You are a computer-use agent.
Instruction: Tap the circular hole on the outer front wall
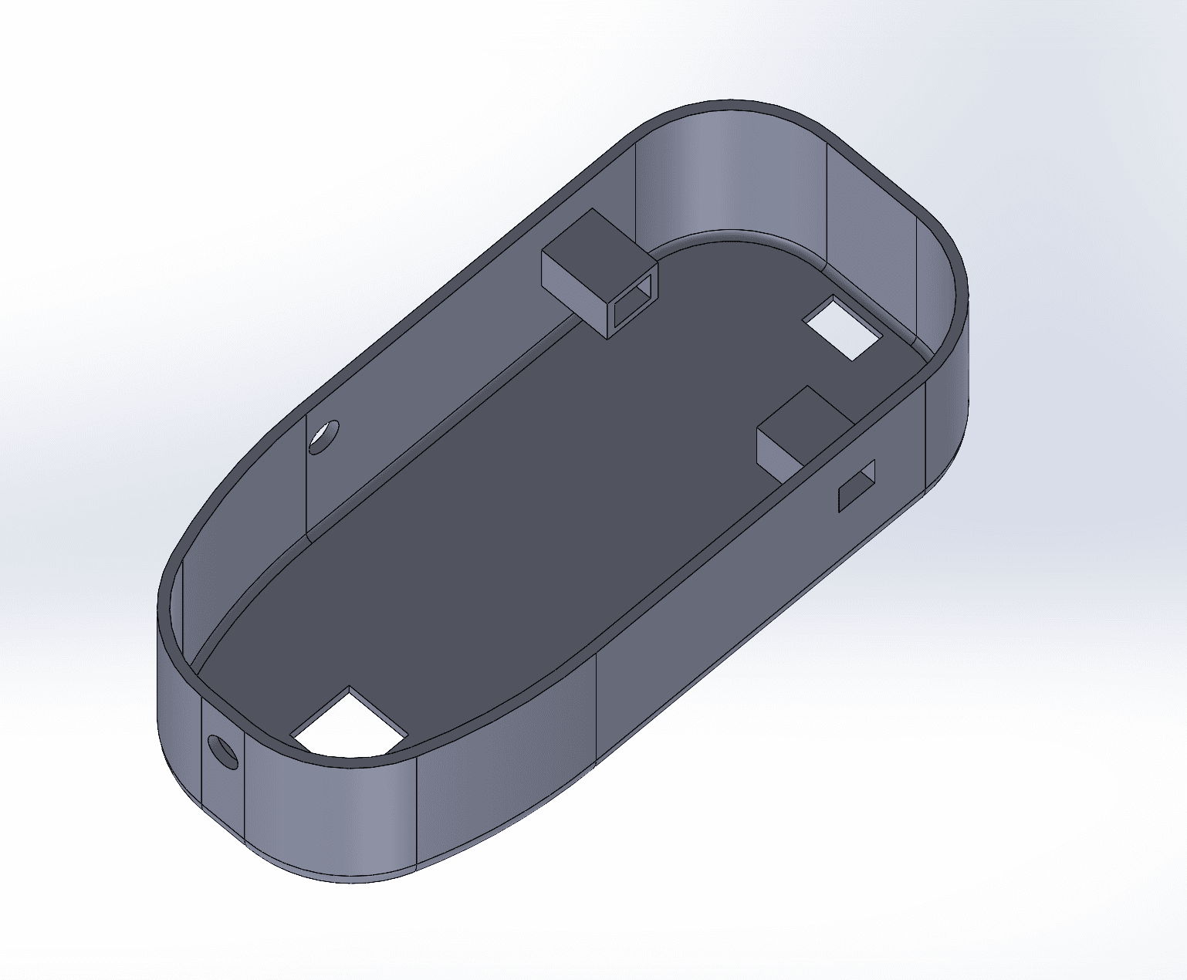(223, 751)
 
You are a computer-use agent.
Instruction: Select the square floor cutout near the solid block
(843, 328)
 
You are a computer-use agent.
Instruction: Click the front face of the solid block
(779, 452)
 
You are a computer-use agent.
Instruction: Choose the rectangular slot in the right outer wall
(857, 485)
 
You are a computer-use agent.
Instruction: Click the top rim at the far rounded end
(733, 105)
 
